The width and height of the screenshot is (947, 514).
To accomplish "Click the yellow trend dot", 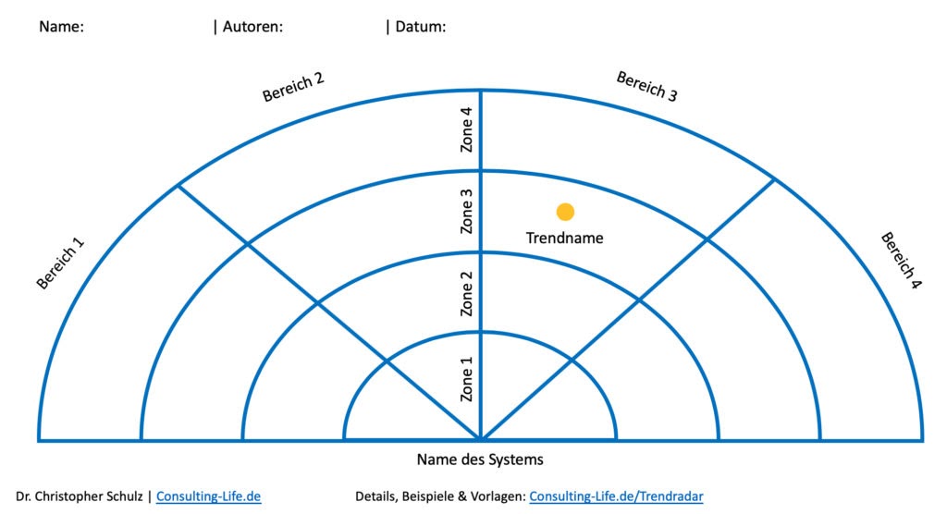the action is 565,212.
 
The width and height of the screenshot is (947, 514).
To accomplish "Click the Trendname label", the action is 564,238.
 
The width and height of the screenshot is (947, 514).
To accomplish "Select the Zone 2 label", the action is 468,293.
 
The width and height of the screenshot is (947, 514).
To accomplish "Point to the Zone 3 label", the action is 468,212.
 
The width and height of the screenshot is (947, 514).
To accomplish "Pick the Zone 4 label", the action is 468,130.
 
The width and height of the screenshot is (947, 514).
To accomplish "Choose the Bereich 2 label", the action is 293,87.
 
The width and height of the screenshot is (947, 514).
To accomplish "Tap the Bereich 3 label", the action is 647,86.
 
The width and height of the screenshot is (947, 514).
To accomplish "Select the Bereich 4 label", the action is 901,261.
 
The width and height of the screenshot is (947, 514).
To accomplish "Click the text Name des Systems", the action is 480,459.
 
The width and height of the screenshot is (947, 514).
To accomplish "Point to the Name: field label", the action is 61,27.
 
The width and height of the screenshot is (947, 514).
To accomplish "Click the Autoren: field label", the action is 252,27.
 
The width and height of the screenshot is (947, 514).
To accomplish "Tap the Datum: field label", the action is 421,27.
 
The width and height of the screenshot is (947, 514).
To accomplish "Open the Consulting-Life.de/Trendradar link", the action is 616,496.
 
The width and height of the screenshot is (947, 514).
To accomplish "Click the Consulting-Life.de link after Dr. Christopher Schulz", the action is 208,496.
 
